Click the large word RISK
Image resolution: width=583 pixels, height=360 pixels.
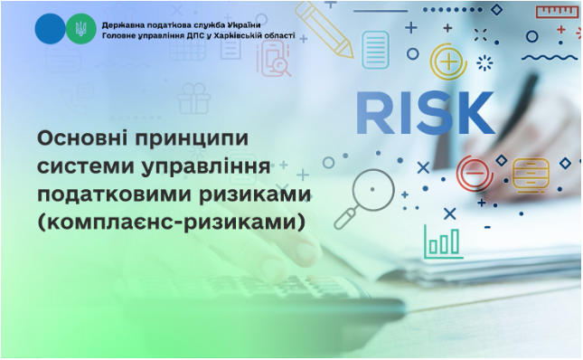click(x=425, y=112)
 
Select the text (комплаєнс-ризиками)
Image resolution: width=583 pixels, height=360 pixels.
click(x=166, y=222)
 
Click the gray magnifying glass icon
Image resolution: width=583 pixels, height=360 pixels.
click(x=371, y=193)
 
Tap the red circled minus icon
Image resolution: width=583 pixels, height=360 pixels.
click(x=473, y=170)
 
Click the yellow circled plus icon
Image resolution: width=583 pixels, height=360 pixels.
click(x=447, y=62)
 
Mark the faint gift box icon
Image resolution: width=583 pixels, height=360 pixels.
click(x=193, y=96)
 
